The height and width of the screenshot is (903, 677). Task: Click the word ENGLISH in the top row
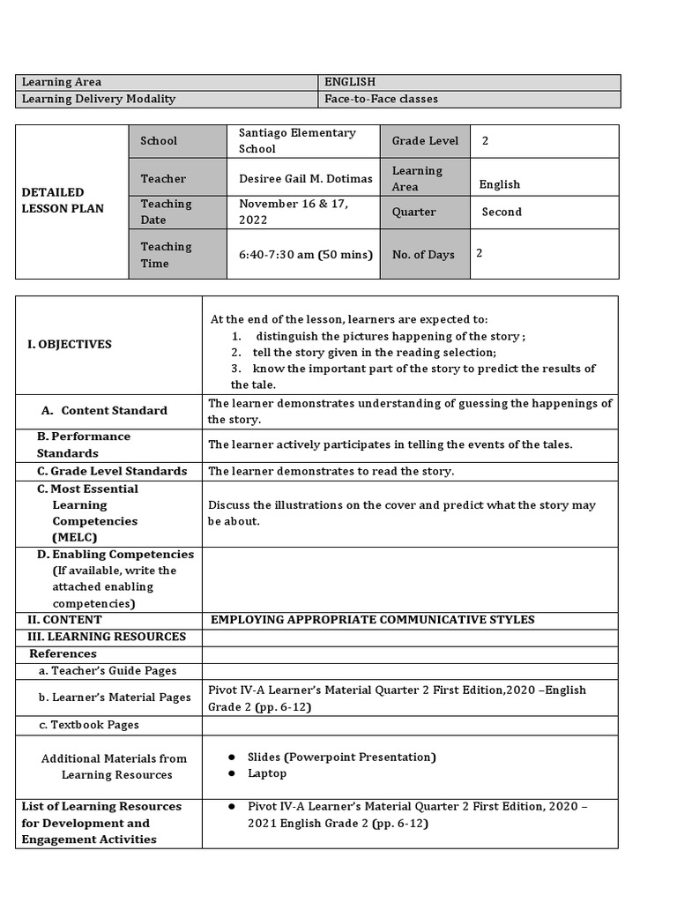350,82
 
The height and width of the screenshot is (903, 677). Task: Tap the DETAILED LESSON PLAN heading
63,200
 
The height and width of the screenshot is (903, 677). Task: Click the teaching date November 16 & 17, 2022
294,212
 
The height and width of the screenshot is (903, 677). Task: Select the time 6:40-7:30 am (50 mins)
305,255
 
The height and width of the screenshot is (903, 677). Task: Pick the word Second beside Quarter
502,213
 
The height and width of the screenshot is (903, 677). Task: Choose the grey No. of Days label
423,255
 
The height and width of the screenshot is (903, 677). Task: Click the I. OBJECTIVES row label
70,344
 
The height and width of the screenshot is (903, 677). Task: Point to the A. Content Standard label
105,410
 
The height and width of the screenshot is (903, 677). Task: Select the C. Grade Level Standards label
112,471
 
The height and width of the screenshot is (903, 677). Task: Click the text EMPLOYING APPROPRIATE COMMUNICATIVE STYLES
372,620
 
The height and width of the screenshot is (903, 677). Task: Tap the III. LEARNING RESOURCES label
107,637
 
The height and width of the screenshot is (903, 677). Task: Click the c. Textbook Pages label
88,725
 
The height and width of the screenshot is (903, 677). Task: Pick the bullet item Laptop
267,773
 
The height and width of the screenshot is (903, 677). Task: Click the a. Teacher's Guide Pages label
108,671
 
